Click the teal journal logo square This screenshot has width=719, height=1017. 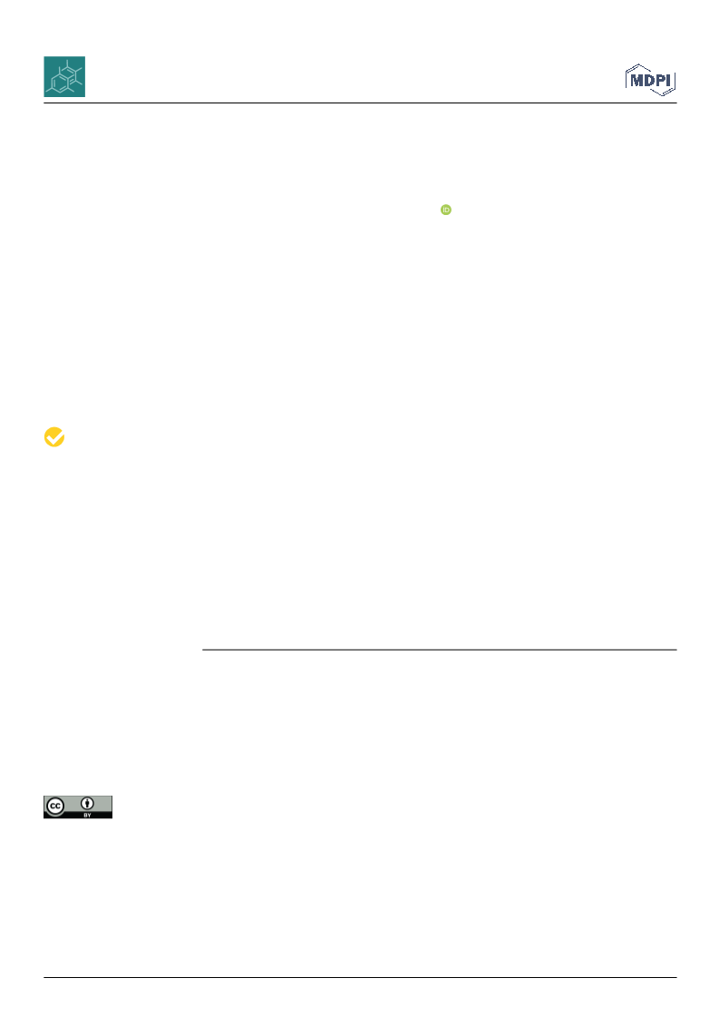tap(64, 76)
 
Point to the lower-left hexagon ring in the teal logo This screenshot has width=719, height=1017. tap(59, 83)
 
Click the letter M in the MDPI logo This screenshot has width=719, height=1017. tap(636, 81)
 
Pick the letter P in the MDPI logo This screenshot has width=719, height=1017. tap(661, 81)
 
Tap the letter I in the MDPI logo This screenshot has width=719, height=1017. tap(669, 81)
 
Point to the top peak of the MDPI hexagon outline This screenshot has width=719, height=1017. tap(639, 64)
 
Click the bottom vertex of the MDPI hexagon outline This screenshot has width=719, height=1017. tap(662, 95)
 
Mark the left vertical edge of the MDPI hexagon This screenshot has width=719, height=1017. tap(627, 79)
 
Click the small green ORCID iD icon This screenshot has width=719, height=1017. tap(446, 210)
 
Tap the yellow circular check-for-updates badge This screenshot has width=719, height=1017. tap(54, 437)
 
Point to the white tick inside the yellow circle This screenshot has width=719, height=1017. tap(55, 437)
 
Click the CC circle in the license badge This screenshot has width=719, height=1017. tap(55, 807)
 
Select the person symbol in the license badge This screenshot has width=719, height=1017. tap(88, 805)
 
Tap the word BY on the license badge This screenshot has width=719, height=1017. tap(88, 815)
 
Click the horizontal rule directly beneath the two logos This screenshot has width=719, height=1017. tap(360, 103)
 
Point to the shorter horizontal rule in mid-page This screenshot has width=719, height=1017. tap(440, 650)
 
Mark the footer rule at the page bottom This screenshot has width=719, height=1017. tap(360, 977)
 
